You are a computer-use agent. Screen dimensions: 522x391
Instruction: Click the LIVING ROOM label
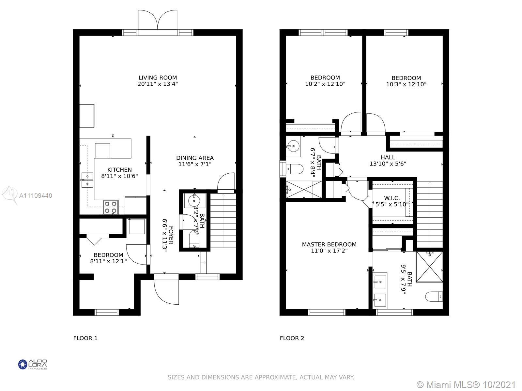pos(158,78)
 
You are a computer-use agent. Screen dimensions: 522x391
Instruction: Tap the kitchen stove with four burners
pos(111,207)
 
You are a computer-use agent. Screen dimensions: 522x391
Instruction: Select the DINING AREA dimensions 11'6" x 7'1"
pos(195,164)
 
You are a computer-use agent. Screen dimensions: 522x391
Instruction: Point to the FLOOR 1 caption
pos(85,338)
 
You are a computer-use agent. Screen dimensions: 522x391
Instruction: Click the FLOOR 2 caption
pos(292,338)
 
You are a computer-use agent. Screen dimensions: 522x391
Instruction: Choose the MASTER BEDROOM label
pos(329,244)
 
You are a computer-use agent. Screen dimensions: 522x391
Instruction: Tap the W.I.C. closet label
pos(392,198)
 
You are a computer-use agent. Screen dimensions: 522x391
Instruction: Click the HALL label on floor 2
pos(388,157)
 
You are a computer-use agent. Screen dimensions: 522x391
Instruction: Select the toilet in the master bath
pos(434,297)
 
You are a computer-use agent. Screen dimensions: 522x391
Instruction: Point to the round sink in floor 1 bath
pos(194,201)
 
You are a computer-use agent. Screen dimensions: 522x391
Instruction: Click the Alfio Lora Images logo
pos(33,364)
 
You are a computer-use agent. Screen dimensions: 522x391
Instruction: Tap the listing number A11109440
pos(36,195)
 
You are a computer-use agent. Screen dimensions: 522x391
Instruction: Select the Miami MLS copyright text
pos(466,385)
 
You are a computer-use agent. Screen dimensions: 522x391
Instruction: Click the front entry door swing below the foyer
pos(166,292)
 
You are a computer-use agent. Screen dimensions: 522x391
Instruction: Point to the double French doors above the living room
pos(158,23)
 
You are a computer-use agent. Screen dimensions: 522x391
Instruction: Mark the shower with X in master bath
pos(429,267)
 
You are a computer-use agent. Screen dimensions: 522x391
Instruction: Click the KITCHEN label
pos(119,170)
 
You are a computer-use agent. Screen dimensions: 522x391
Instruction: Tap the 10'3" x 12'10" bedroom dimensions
pos(406,84)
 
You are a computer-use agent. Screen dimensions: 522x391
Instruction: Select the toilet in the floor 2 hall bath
pos(294,169)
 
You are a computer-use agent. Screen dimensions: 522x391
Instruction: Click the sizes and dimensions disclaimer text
pos(261,377)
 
